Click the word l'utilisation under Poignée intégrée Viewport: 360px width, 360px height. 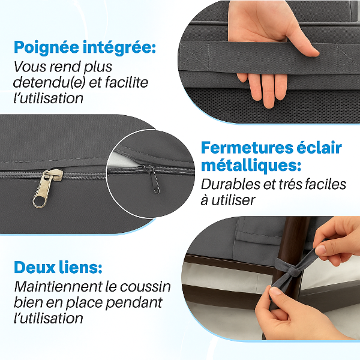(49, 98)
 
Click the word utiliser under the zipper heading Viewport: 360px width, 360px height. (235, 200)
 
